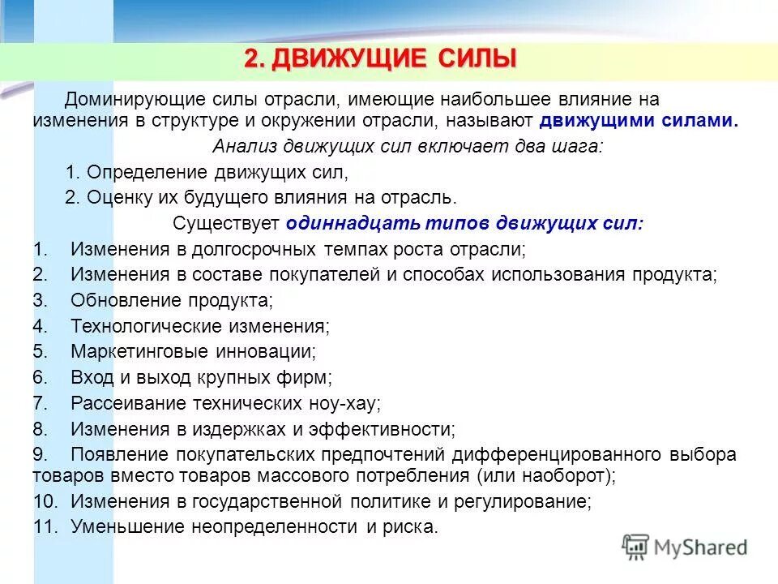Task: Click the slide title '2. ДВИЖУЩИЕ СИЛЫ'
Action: [x=379, y=59]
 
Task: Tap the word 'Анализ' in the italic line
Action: [x=239, y=147]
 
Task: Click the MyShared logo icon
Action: [x=636, y=546]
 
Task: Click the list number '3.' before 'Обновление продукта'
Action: [x=41, y=300]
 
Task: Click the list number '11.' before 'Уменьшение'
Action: [x=45, y=526]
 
